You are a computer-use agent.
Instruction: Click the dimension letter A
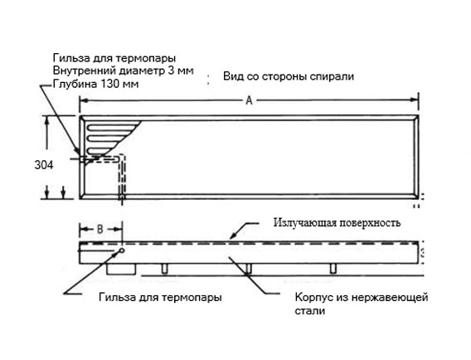[x=249, y=100]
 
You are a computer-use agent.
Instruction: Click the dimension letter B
[x=100, y=230]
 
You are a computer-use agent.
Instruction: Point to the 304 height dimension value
[x=44, y=165]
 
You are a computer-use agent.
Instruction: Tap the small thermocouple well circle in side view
[x=122, y=251]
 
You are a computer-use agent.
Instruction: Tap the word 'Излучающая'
[x=304, y=223]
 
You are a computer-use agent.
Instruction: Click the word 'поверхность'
[x=370, y=223]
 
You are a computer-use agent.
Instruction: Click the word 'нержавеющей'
[x=390, y=298]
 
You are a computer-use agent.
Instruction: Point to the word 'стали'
[x=309, y=311]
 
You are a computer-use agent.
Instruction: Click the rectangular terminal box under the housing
[x=121, y=269]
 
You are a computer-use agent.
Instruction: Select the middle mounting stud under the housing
[x=248, y=269]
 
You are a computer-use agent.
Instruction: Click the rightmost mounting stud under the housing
[x=333, y=269]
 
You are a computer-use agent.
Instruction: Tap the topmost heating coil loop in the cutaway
[x=112, y=127]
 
